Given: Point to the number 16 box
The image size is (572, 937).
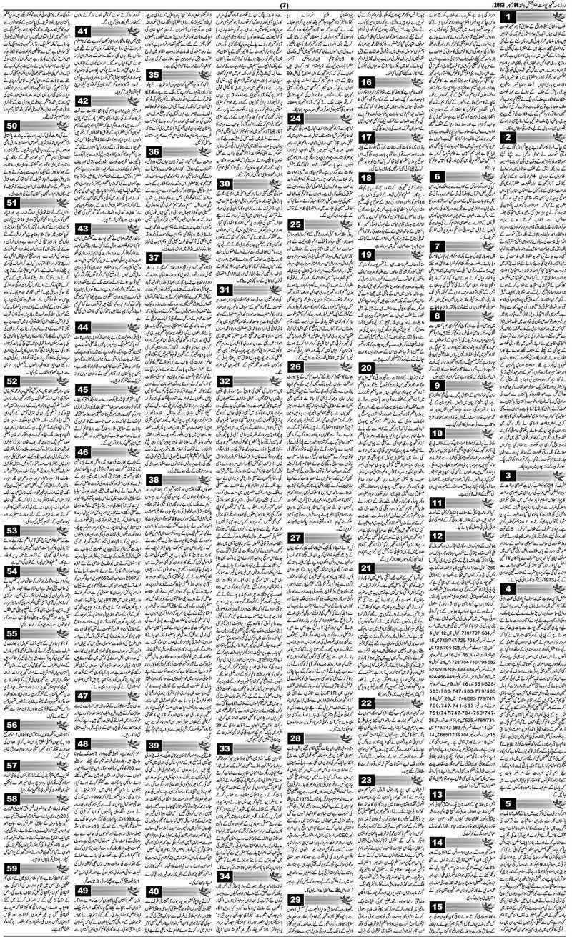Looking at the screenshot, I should (x=366, y=82).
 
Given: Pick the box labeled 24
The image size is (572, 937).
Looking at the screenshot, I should (x=294, y=119).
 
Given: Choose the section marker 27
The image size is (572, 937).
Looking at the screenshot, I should (x=294, y=536).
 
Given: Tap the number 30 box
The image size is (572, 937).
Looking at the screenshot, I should (x=225, y=184).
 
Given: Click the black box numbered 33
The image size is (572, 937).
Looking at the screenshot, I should (x=225, y=748).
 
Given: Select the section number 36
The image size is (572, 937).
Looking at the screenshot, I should (x=154, y=151).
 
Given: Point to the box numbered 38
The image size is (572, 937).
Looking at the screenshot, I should (x=154, y=479).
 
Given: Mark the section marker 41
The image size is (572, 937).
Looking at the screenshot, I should (x=83, y=31).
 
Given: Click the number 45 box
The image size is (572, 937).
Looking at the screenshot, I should (x=83, y=389).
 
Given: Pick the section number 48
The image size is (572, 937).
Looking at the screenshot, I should (x=83, y=743).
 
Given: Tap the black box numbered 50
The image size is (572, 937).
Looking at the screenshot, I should (x=12, y=126).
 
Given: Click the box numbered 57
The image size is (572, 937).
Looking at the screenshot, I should (x=12, y=766).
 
